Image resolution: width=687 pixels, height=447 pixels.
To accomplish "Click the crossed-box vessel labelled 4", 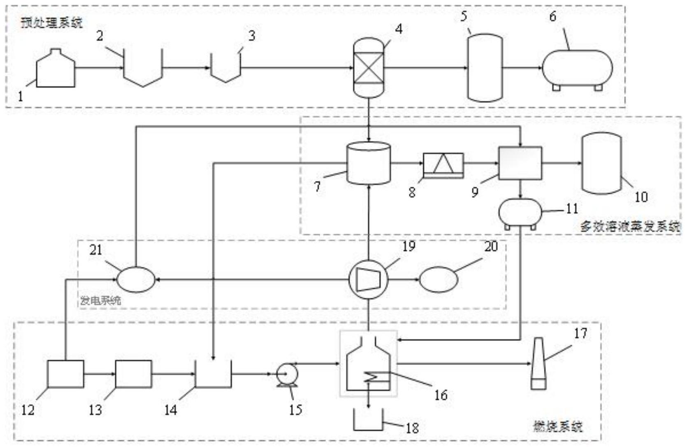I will (x=369, y=68).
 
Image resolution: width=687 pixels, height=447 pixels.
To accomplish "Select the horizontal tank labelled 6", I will (x=577, y=68).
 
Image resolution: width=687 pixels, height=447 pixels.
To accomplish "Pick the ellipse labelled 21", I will (x=136, y=279).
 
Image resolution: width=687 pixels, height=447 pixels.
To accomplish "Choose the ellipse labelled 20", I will (x=439, y=280).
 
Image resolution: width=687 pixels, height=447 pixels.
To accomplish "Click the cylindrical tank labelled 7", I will (x=369, y=163).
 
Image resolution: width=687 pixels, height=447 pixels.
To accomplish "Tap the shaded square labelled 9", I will (x=520, y=163).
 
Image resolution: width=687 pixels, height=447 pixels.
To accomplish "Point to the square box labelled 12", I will (x=65, y=374).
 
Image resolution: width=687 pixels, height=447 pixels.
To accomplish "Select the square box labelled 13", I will (x=133, y=374).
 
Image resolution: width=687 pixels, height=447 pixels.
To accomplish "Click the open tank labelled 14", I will (x=213, y=375).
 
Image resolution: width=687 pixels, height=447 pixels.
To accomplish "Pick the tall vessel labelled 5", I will (x=485, y=68).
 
